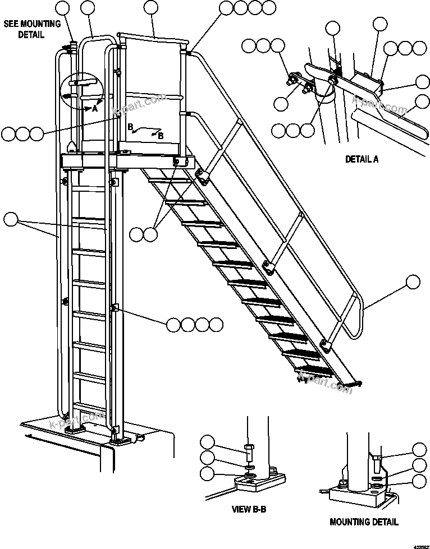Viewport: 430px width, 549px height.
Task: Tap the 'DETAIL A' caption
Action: pyautogui.click(x=362, y=159)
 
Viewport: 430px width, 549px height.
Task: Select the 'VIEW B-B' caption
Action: pyautogui.click(x=249, y=510)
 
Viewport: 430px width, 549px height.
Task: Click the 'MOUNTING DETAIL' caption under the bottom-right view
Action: pyautogui.click(x=364, y=522)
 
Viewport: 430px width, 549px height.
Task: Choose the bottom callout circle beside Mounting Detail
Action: pyautogui.click(x=419, y=481)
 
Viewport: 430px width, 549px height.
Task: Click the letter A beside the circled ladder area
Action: pyautogui.click(x=95, y=109)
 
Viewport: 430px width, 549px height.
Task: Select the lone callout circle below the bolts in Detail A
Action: pyautogui.click(x=281, y=103)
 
